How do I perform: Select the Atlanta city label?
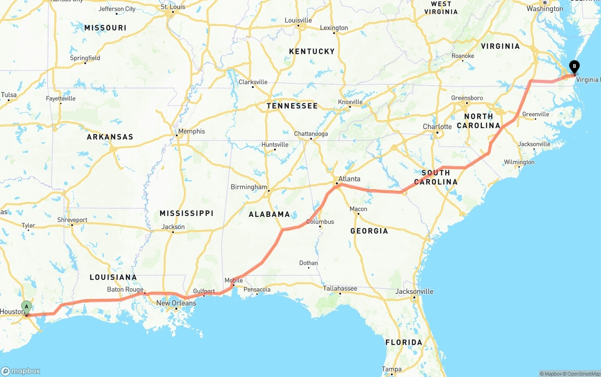pyautogui.click(x=349, y=178)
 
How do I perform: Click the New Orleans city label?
pyautogui.click(x=176, y=303)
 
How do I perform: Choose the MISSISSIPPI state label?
pyautogui.click(x=186, y=213)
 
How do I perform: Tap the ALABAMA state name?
pyautogui.click(x=269, y=214)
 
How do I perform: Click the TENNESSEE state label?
pyautogui.click(x=292, y=106)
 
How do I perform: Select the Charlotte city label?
pyautogui.click(x=437, y=127)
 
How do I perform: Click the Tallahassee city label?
pyautogui.click(x=340, y=288)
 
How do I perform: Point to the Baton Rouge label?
pyautogui.click(x=125, y=290)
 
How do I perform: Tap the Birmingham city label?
pyautogui.click(x=249, y=187)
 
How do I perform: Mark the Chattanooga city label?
pyautogui.click(x=311, y=134)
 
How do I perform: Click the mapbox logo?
pyautogui.click(x=21, y=371)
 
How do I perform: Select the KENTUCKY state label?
pyautogui.click(x=312, y=51)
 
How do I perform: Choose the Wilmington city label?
pyautogui.click(x=519, y=162)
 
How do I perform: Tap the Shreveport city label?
pyautogui.click(x=72, y=220)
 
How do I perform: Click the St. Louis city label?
pyautogui.click(x=173, y=7)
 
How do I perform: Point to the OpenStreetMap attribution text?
pyautogui.click(x=582, y=374)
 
